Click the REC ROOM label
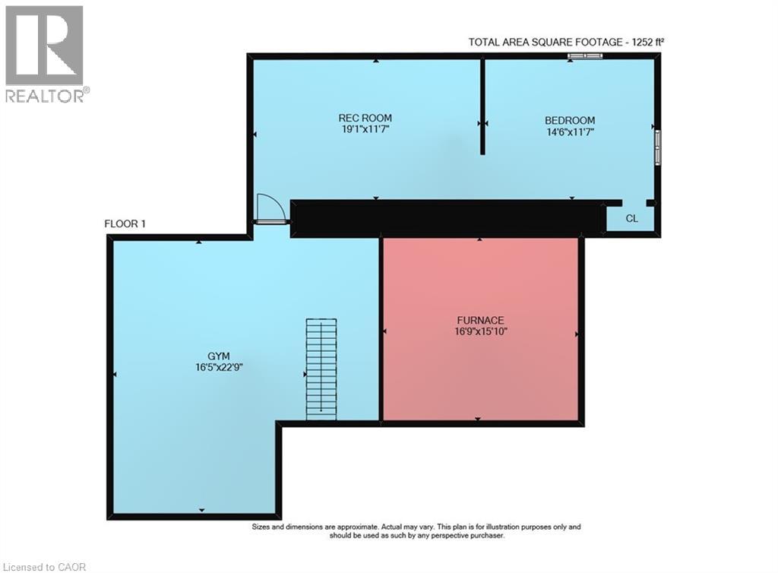pyautogui.click(x=365, y=118)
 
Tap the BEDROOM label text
pyautogui.click(x=570, y=121)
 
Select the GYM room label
pyautogui.click(x=218, y=356)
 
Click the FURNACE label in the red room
pyautogui.click(x=480, y=321)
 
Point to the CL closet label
pyautogui.click(x=631, y=219)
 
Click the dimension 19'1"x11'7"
pyautogui.click(x=365, y=129)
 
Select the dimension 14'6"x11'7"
pyautogui.click(x=570, y=132)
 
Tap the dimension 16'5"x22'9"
pyautogui.click(x=219, y=368)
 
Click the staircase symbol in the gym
pyautogui.click(x=321, y=369)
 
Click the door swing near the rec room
pyautogui.click(x=270, y=209)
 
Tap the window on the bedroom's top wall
pyautogui.click(x=586, y=55)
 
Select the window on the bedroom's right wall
pyautogui.click(x=657, y=147)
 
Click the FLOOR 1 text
pyautogui.click(x=125, y=223)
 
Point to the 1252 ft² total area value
pyautogui.click(x=647, y=42)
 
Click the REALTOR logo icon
pyautogui.click(x=44, y=46)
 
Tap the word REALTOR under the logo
pyautogui.click(x=45, y=96)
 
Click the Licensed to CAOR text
pyautogui.click(x=44, y=567)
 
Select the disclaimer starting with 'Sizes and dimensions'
pyautogui.click(x=416, y=531)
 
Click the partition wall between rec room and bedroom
pyautogui.click(x=482, y=106)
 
